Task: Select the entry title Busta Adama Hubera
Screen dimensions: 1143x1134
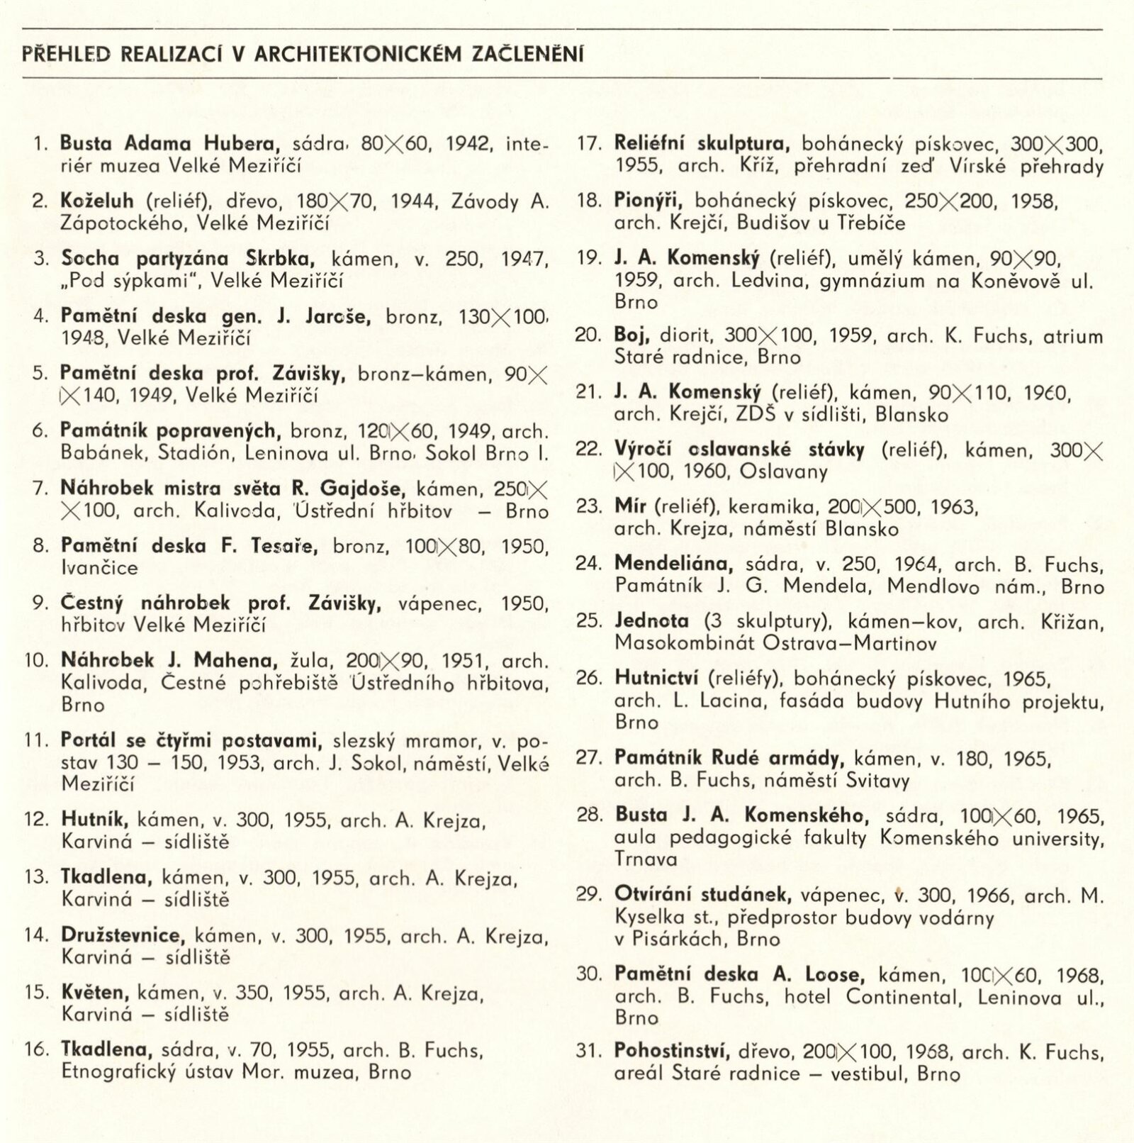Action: (x=167, y=143)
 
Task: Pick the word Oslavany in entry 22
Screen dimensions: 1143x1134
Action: (x=783, y=472)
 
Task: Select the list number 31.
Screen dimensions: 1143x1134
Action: (x=588, y=1051)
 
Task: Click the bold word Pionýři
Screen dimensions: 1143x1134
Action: (x=648, y=201)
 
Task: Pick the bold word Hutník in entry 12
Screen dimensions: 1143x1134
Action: (x=94, y=820)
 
